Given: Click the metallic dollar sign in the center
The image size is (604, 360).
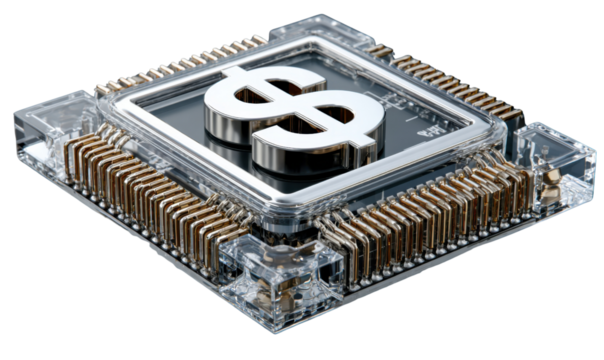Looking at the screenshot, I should [x=293, y=118].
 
